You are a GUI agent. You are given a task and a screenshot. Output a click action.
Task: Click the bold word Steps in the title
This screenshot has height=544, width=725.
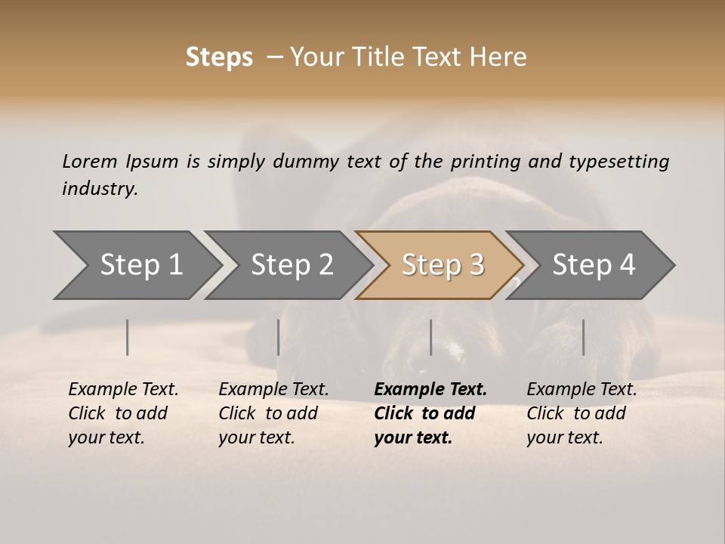[x=219, y=57]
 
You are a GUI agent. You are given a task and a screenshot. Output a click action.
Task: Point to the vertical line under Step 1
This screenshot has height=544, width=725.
[x=128, y=337]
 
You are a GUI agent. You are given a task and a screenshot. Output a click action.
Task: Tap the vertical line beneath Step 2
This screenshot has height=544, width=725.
[x=279, y=337]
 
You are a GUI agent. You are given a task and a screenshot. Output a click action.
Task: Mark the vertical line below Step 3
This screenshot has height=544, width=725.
[x=431, y=337]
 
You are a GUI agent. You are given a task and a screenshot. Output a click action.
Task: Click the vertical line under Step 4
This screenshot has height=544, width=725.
[x=583, y=337]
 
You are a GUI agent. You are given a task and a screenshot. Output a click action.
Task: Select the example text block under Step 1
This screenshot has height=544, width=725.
[x=123, y=413]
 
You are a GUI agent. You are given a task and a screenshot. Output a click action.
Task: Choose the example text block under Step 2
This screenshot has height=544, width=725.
[x=273, y=413]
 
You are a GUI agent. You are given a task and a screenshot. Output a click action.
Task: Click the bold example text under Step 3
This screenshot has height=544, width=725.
[x=430, y=413]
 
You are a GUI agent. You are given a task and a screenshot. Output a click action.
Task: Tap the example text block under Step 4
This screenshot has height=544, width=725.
[x=582, y=413]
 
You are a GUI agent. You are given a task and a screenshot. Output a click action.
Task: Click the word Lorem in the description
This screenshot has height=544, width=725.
[x=90, y=162]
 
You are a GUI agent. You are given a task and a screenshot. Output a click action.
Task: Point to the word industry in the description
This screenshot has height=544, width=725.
[x=100, y=189]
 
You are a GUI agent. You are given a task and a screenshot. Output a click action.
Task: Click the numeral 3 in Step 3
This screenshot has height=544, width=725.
[x=476, y=265]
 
